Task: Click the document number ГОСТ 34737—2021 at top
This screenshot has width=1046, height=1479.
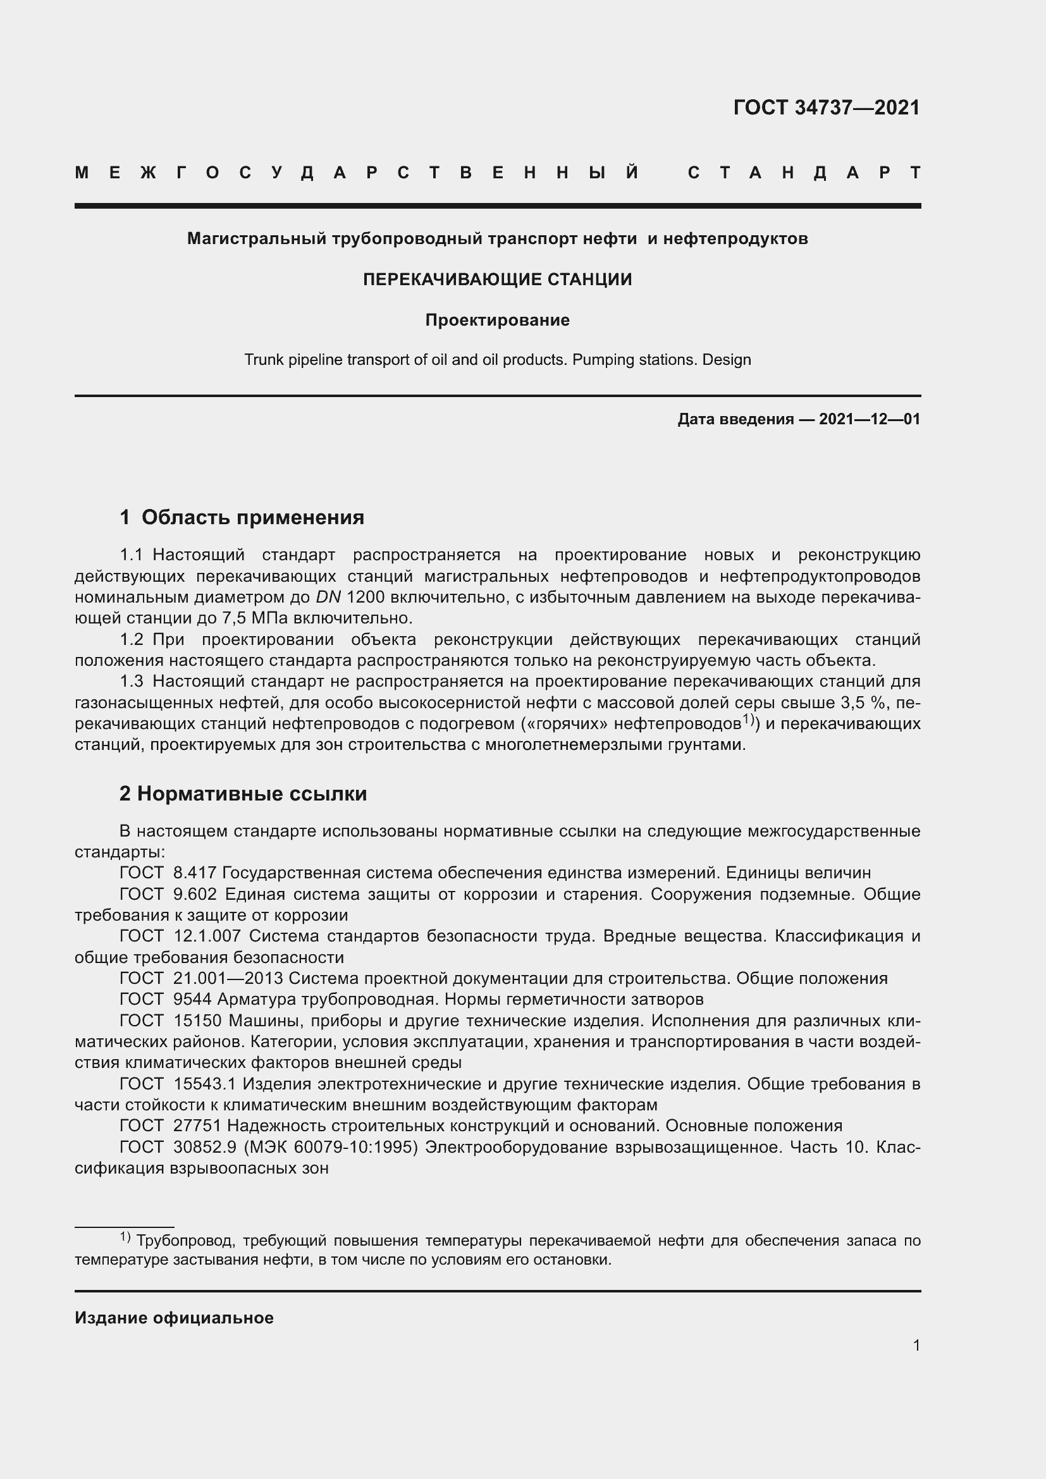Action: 827,107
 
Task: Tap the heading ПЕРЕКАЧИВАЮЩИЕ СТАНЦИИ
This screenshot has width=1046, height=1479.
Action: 497,279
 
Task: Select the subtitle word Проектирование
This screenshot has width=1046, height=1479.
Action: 497,320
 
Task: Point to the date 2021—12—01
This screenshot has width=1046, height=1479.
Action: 869,419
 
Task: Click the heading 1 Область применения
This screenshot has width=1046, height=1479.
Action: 242,517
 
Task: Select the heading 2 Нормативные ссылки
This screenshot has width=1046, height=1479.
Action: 243,794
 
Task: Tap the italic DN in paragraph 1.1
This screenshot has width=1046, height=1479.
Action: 328,597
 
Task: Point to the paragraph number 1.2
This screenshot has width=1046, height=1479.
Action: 132,640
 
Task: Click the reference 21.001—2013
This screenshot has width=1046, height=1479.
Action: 228,978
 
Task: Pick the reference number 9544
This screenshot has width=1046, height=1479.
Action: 193,999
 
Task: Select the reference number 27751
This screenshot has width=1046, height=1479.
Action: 197,1126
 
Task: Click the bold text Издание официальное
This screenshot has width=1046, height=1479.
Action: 174,1318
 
